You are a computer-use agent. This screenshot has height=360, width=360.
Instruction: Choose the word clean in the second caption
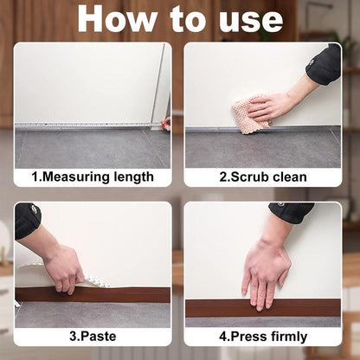(287, 177)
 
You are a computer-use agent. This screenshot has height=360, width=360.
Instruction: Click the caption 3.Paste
(92, 336)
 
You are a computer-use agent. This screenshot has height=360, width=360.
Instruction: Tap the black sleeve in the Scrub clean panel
(325, 66)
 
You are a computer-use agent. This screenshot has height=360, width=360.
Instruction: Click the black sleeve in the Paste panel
(27, 221)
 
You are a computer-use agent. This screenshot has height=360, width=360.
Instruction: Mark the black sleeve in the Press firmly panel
(291, 211)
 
